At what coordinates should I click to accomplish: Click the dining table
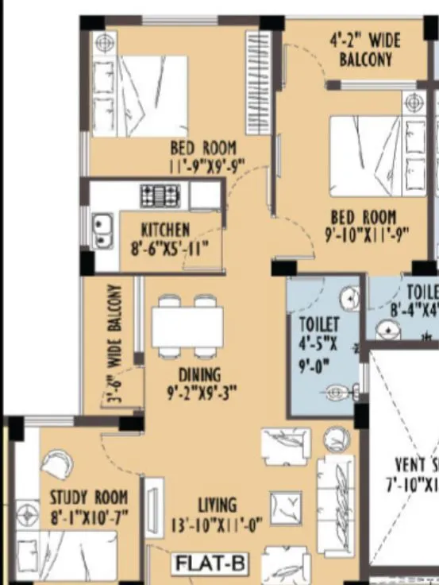187,326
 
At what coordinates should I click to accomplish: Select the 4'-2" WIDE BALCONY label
365,49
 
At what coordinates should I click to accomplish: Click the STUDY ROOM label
89,498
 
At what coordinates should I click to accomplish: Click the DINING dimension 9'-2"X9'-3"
200,393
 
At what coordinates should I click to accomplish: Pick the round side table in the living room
337,440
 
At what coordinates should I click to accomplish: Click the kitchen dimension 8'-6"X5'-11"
170,248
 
